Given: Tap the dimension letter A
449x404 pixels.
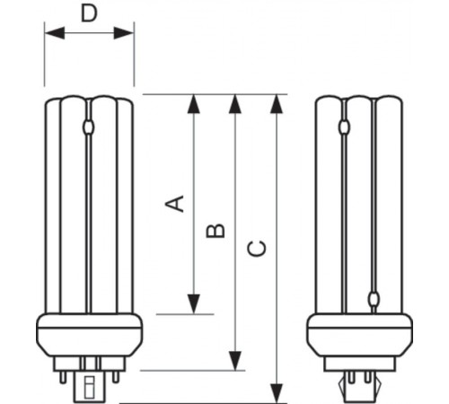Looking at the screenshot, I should tap(179, 204).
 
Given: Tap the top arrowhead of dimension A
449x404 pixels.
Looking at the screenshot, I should tap(193, 102).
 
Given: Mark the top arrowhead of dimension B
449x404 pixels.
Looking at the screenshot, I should tap(235, 102).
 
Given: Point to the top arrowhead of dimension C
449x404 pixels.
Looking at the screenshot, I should tap(277, 102).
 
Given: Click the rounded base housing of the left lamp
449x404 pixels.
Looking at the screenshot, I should tap(90, 336).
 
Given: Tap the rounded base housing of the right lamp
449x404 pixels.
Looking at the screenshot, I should tap(360, 336).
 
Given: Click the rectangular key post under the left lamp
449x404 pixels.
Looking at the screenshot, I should tap(89, 385).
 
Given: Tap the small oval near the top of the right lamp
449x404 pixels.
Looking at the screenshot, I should tap(347, 128).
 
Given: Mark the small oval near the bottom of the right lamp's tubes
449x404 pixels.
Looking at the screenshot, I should tap(374, 300).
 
